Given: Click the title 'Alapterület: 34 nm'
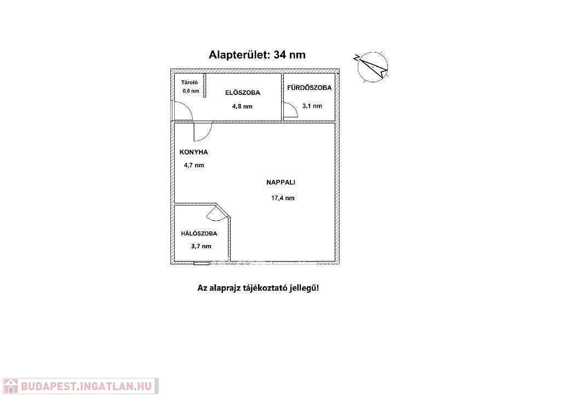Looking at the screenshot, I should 257,55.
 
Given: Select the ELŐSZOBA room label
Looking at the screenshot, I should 243,93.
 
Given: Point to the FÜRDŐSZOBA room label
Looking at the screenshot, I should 309,88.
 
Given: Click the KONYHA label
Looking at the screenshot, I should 194,152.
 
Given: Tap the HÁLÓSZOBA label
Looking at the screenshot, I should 199,234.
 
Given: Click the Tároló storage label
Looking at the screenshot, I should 190,82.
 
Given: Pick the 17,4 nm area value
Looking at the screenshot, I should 283,198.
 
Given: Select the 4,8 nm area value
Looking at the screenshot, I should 243,106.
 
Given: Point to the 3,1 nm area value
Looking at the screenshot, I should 312,106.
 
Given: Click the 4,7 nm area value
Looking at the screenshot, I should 194,165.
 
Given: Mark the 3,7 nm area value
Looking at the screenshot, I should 201,246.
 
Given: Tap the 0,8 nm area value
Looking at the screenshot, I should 191,91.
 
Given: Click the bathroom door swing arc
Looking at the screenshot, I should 290,111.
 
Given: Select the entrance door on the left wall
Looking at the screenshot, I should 182,111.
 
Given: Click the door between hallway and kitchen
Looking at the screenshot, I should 202,132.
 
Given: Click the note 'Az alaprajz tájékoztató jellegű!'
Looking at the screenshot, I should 257,287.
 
